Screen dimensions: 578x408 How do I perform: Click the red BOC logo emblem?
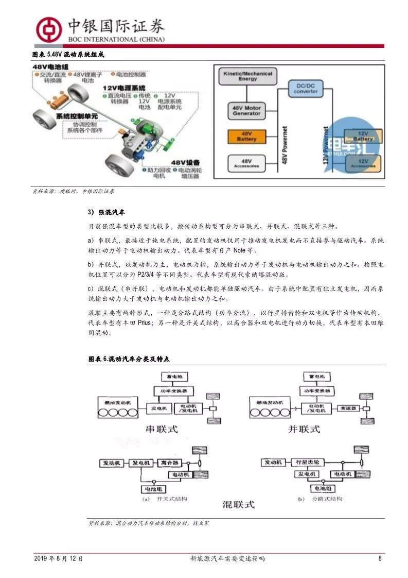click(x=47, y=28)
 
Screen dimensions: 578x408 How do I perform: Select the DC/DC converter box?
click(x=306, y=88)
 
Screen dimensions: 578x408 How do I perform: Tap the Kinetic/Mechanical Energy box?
click(x=247, y=77)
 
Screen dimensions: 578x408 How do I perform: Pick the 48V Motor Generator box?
click(x=246, y=110)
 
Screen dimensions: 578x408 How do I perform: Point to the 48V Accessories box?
click(x=246, y=163)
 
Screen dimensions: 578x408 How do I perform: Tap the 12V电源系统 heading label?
click(x=124, y=88)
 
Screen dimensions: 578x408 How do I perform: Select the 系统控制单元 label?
click(x=77, y=116)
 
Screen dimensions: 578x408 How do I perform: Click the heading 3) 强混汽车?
click(x=107, y=212)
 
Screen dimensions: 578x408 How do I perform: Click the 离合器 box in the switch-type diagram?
click(x=168, y=463)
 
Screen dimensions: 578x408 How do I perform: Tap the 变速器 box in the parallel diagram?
click(x=347, y=407)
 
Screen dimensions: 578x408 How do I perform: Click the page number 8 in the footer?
click(x=380, y=558)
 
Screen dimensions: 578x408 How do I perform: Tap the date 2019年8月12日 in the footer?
click(x=59, y=558)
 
